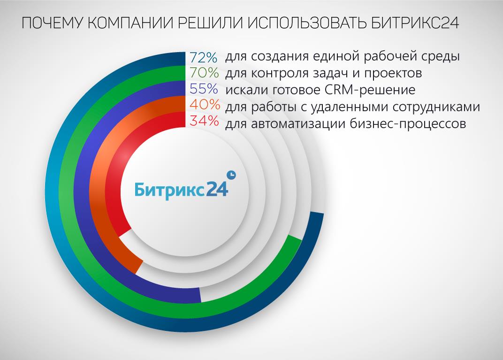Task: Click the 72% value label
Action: coord(203,57)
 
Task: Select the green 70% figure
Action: coord(204,73)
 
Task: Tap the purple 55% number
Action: coord(204,89)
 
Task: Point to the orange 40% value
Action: coord(205,105)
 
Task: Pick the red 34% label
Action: coord(205,121)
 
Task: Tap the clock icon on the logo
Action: coord(231,175)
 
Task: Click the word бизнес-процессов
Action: coord(407,123)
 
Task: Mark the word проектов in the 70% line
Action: coord(393,74)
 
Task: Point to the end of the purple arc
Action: coord(200,295)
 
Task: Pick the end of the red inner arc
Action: coord(125,233)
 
